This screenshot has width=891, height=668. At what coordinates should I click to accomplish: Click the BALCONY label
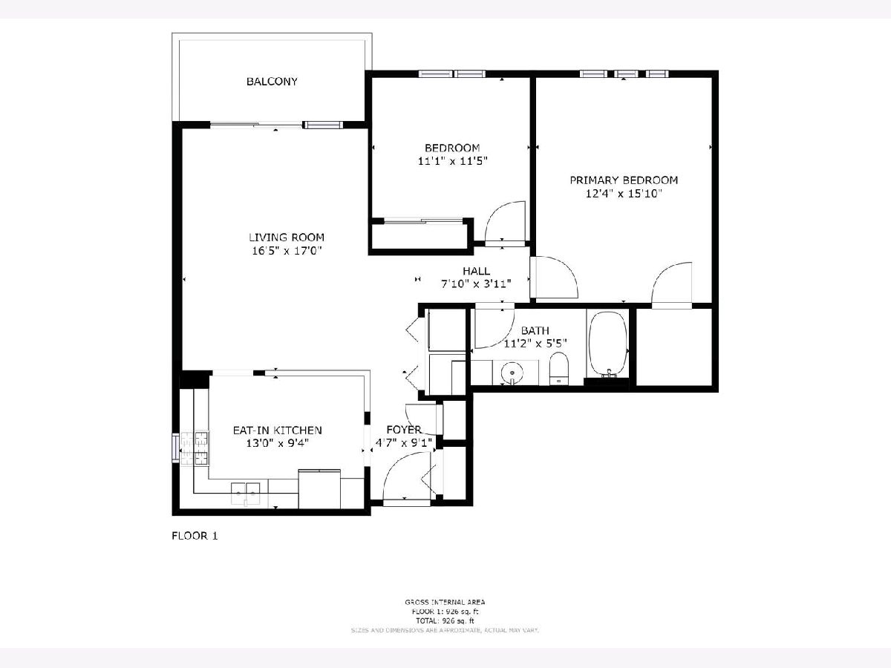click(272, 81)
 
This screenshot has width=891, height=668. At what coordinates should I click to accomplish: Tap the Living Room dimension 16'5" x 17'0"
click(286, 251)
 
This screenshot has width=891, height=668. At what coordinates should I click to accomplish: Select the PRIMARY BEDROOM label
click(624, 180)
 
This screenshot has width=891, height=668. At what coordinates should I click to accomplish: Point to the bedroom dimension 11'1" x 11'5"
click(451, 160)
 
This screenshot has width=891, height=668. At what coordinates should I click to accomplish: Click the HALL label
click(476, 271)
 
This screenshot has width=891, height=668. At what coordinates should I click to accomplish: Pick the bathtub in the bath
click(608, 346)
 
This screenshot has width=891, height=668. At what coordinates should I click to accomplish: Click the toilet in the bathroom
click(558, 368)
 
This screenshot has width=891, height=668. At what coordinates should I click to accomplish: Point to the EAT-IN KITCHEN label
click(277, 430)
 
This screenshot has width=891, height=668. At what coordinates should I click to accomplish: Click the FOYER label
click(404, 430)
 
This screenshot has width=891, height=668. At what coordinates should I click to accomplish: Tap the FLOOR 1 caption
click(195, 535)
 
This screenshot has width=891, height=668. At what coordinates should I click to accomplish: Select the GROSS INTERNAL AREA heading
click(445, 602)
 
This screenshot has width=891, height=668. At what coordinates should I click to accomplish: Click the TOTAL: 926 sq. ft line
click(445, 620)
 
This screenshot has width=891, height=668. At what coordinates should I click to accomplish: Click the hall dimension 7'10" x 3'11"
click(475, 284)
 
